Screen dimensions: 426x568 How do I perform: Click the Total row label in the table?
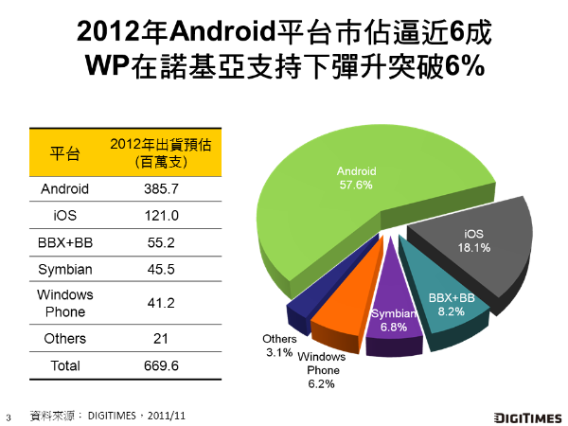point(64,365)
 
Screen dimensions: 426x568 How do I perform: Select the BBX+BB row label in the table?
point(64,242)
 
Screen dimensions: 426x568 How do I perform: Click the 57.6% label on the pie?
point(356,186)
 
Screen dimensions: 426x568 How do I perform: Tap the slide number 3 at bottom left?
point(9,416)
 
